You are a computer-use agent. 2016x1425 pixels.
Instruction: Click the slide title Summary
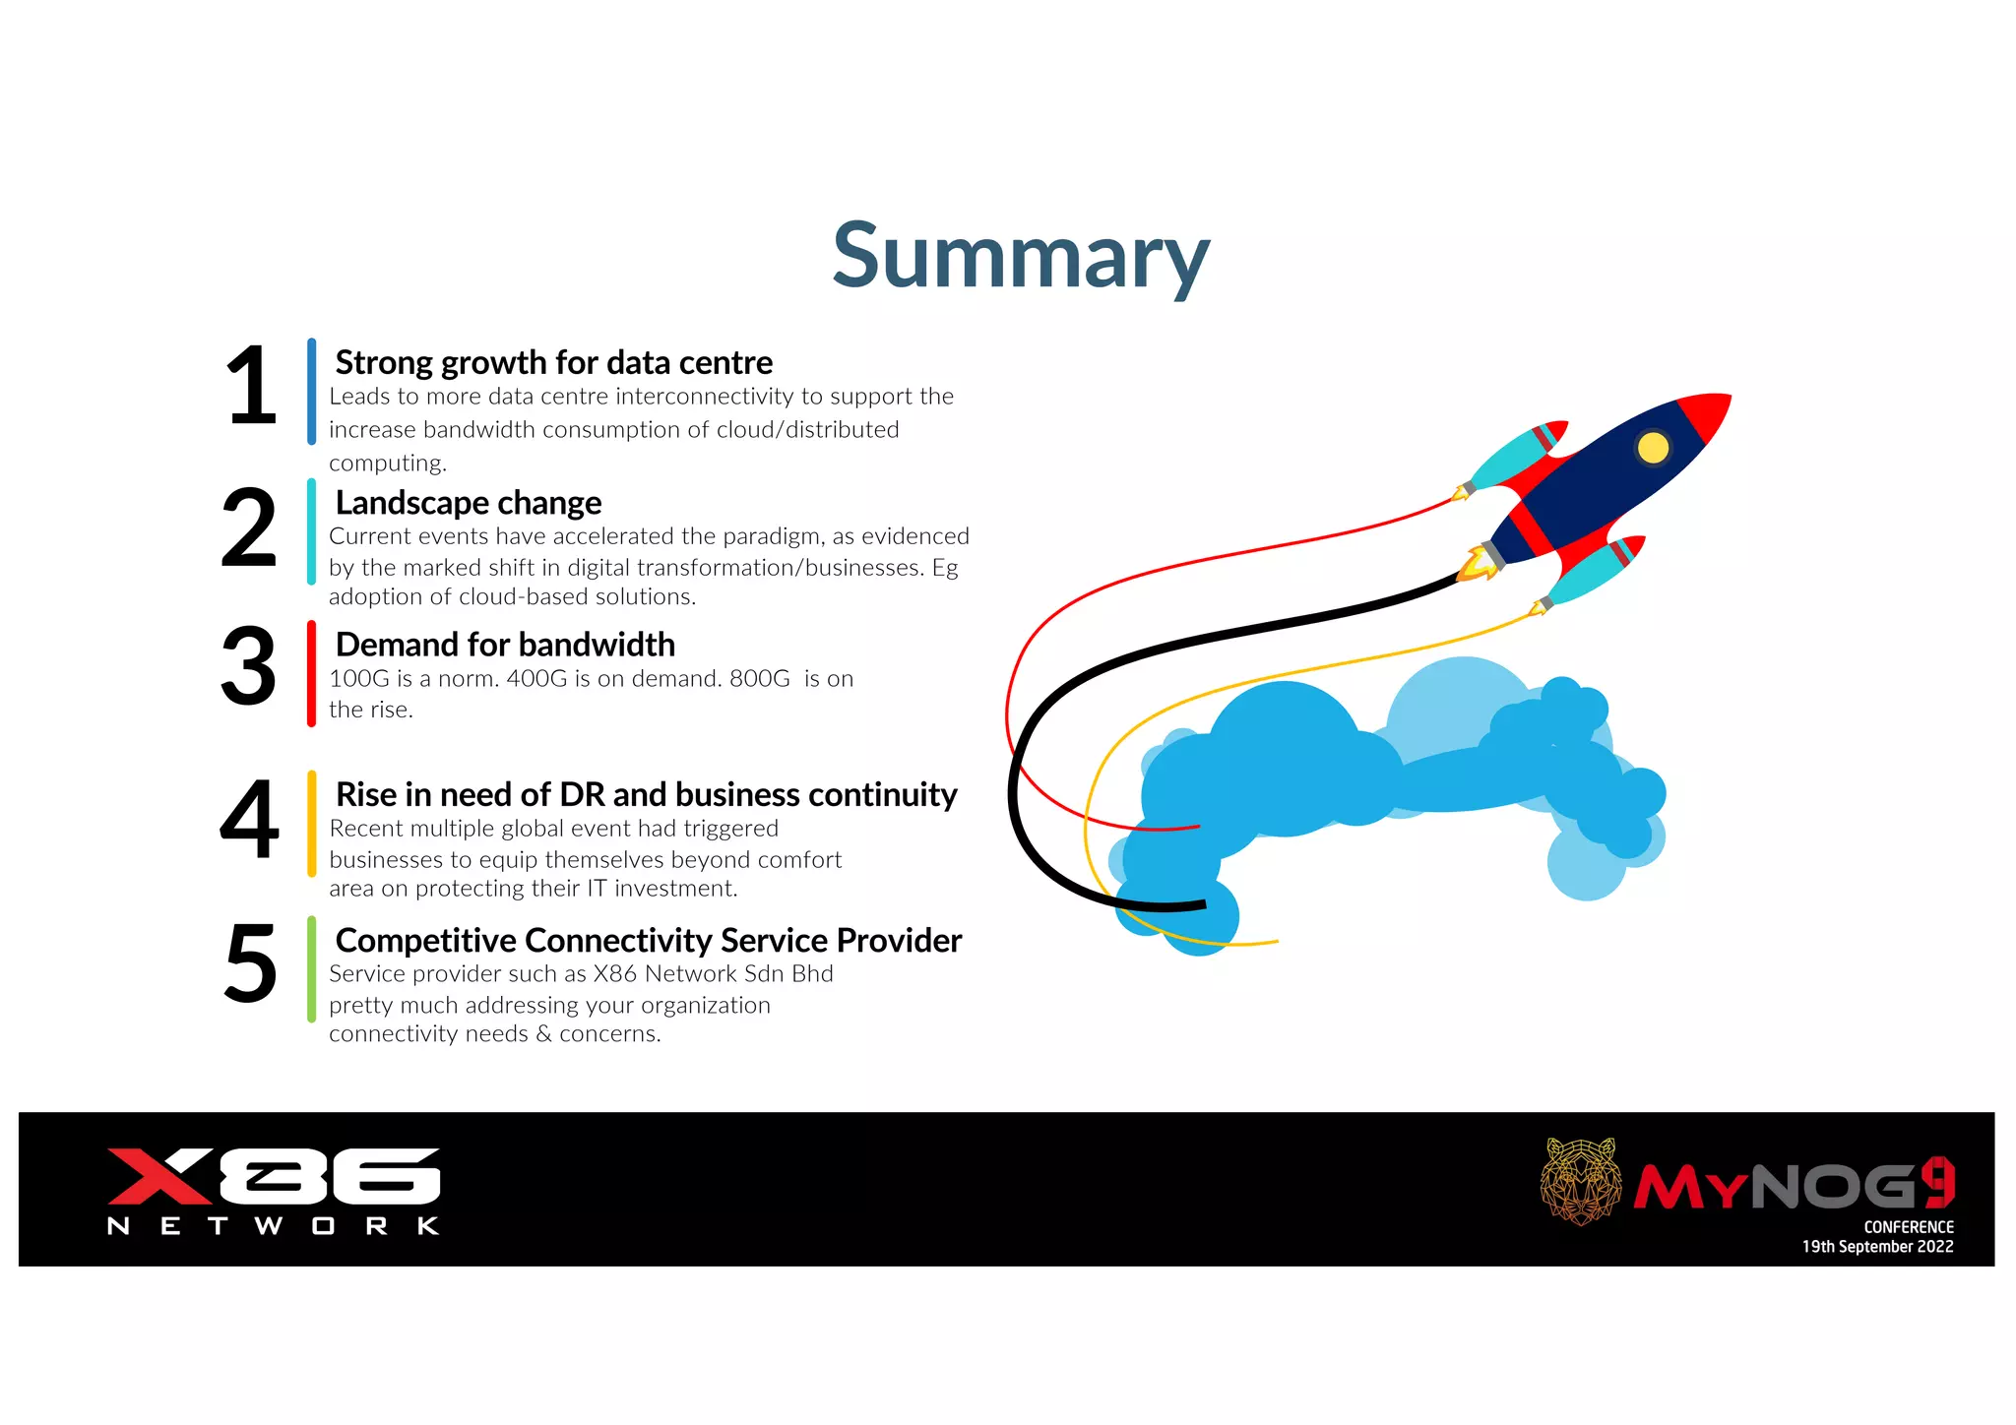pos(1021,256)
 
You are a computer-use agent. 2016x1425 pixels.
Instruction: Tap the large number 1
pos(251,387)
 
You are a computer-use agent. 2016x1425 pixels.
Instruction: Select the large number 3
pos(248,667)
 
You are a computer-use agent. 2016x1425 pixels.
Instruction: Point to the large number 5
pos(250,964)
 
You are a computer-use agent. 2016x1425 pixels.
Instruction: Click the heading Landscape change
pos(468,503)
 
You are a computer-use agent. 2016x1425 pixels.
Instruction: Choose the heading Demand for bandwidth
pos(505,645)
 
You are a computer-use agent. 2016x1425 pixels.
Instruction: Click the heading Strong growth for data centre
pos(553,362)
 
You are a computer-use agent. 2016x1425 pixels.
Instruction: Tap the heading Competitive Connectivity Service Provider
pos(648,940)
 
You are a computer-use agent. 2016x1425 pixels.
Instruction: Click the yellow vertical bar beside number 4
pos(311,823)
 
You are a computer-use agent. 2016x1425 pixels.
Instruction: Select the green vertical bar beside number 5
pos(311,969)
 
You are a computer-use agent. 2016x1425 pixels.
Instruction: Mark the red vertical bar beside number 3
pos(311,674)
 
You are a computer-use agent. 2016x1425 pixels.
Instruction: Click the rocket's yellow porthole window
pos(1653,448)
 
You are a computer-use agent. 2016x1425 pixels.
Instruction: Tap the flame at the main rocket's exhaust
pos(1475,564)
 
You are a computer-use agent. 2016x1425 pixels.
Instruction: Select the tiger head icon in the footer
pos(1581,1181)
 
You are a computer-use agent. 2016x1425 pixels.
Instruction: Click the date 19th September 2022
pos(1877,1247)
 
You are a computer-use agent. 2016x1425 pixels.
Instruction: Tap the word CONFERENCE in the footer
pos(1908,1227)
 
